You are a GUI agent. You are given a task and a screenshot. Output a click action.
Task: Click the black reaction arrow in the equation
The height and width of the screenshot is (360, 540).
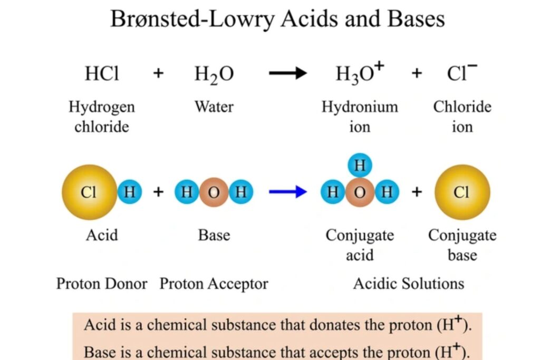[288, 73]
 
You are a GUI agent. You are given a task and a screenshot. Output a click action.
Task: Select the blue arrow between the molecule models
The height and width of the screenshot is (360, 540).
[288, 192]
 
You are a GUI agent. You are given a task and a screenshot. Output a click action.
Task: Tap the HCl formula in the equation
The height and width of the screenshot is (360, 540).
[102, 73]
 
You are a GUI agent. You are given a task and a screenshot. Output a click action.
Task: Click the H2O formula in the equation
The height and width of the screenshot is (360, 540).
[214, 74]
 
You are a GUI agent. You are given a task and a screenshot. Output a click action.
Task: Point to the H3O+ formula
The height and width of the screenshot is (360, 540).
[360, 73]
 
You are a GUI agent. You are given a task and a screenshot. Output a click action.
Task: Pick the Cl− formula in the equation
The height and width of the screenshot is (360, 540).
[462, 72]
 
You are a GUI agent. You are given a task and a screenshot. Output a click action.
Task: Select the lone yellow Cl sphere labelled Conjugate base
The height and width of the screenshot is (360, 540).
[462, 192]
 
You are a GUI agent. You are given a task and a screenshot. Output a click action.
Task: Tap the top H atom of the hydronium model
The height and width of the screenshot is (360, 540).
[360, 166]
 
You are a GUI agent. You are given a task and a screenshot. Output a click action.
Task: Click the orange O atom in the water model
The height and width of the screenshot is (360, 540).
[214, 192]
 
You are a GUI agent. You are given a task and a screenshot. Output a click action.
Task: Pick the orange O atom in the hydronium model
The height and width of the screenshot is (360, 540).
[360, 192]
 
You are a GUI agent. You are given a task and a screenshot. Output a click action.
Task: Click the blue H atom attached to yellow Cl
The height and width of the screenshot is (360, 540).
[130, 192]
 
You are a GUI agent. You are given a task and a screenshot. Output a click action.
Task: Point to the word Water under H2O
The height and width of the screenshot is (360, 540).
[214, 106]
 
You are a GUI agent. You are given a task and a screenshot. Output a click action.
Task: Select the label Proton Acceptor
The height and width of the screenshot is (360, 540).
[214, 284]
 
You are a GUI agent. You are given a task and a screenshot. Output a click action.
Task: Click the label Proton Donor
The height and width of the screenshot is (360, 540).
[102, 284]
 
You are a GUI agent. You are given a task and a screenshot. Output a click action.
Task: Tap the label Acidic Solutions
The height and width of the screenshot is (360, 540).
[409, 284]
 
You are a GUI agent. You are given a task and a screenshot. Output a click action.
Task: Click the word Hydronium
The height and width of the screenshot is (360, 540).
[360, 106]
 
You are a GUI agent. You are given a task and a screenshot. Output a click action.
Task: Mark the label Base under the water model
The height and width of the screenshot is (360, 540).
[214, 235]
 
